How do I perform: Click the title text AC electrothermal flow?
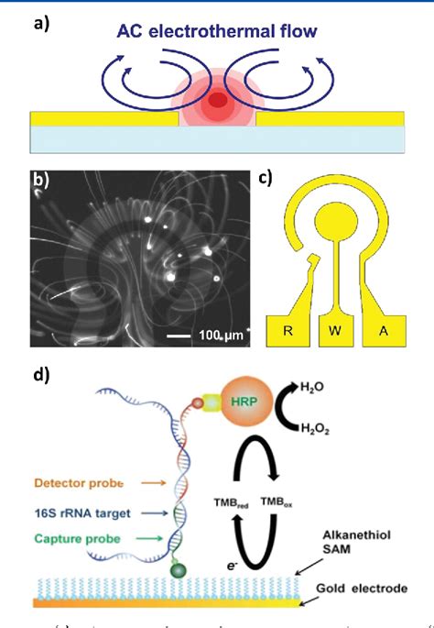tap(216, 32)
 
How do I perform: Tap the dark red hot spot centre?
tap(218, 100)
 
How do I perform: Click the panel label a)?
tap(41, 24)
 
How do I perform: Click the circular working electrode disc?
tap(336, 219)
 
